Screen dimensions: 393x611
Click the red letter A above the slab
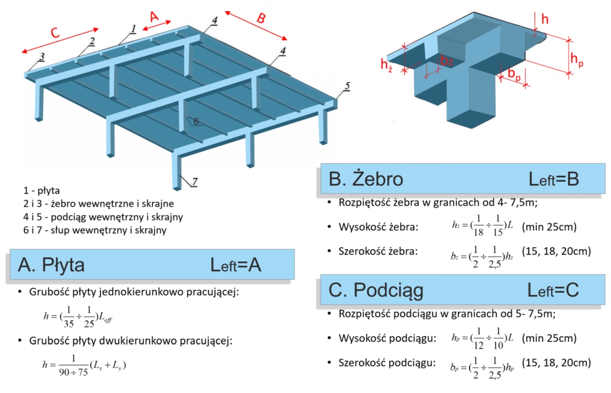tap(154, 17)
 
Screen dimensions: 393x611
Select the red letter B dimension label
tap(261, 18)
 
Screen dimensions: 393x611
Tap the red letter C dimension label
tap(55, 33)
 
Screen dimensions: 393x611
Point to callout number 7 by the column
tap(194, 182)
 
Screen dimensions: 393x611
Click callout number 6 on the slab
tap(196, 121)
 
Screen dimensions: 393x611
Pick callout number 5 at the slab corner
tap(347, 86)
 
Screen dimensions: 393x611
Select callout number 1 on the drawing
tap(133, 29)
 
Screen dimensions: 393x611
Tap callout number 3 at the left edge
tap(42, 57)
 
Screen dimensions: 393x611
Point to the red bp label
tap(514, 74)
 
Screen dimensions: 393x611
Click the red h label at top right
tap(545, 19)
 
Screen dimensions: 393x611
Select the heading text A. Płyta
tap(51, 265)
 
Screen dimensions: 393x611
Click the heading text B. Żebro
tap(366, 179)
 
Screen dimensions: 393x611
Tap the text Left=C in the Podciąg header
tap(553, 290)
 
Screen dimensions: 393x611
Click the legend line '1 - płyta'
tap(42, 190)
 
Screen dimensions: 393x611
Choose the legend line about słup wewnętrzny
tap(95, 230)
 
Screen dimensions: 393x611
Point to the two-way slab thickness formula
tap(84, 366)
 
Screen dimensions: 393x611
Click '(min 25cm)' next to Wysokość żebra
tap(549, 227)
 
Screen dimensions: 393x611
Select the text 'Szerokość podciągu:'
tap(387, 363)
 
